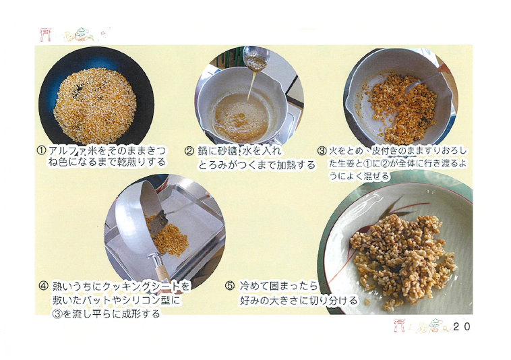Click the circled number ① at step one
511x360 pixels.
(x=41, y=151)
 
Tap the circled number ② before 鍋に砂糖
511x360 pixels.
(x=189, y=151)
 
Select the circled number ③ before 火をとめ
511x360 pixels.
(x=322, y=151)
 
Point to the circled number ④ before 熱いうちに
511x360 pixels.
(x=44, y=287)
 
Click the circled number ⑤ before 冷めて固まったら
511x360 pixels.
(x=230, y=286)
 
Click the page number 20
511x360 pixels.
(x=462, y=326)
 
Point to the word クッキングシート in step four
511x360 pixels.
(x=142, y=287)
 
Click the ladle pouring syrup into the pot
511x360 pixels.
(x=255, y=59)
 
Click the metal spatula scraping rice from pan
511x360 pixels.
(x=158, y=224)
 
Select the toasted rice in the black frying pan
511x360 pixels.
(x=95, y=105)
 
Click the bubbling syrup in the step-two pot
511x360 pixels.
(x=240, y=117)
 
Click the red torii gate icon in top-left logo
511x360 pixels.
(x=45, y=34)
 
